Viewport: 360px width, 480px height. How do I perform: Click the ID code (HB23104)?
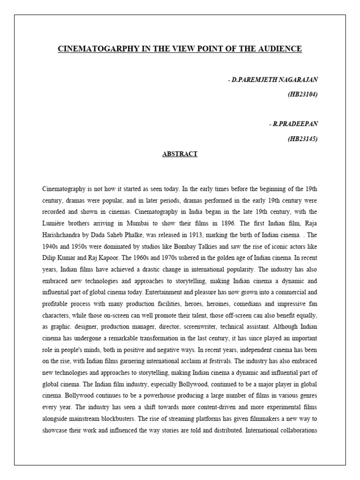pyautogui.click(x=303, y=94)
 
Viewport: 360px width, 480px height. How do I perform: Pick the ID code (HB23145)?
pyautogui.click(x=303, y=139)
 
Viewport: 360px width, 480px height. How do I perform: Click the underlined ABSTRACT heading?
pyautogui.click(x=180, y=154)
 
